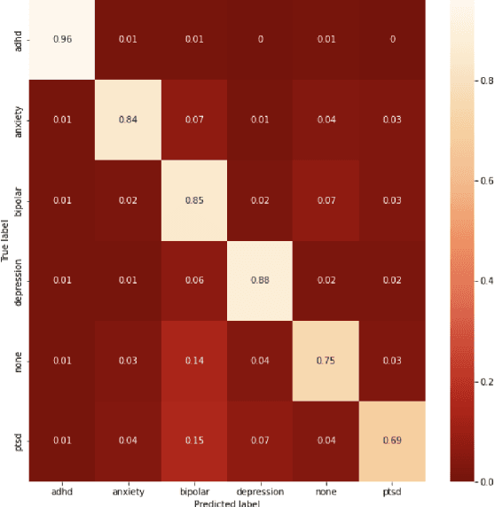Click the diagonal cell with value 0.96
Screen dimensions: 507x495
[x=62, y=40]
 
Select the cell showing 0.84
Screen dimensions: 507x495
[x=128, y=120]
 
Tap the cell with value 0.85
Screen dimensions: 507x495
[x=193, y=200]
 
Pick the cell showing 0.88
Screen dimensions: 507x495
[x=259, y=281]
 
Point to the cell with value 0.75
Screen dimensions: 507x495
[x=325, y=361]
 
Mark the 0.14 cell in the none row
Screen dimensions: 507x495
[x=193, y=361]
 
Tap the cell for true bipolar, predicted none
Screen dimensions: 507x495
[x=325, y=200]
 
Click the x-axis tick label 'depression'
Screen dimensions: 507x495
[x=259, y=490]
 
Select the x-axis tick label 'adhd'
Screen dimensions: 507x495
[x=62, y=490]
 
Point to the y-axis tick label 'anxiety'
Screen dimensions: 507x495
[x=20, y=120]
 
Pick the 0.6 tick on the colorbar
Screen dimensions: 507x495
[x=483, y=180]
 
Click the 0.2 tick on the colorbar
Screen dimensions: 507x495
[x=483, y=382]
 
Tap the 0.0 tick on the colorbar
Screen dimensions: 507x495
[x=483, y=481]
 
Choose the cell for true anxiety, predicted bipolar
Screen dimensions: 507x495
[x=193, y=120]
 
